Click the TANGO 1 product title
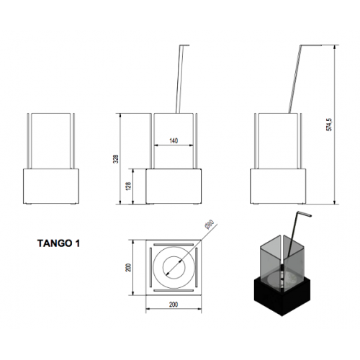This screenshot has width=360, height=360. coord(58,243)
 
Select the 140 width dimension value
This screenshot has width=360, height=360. coord(174,140)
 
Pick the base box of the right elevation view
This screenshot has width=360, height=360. coord(278,186)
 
